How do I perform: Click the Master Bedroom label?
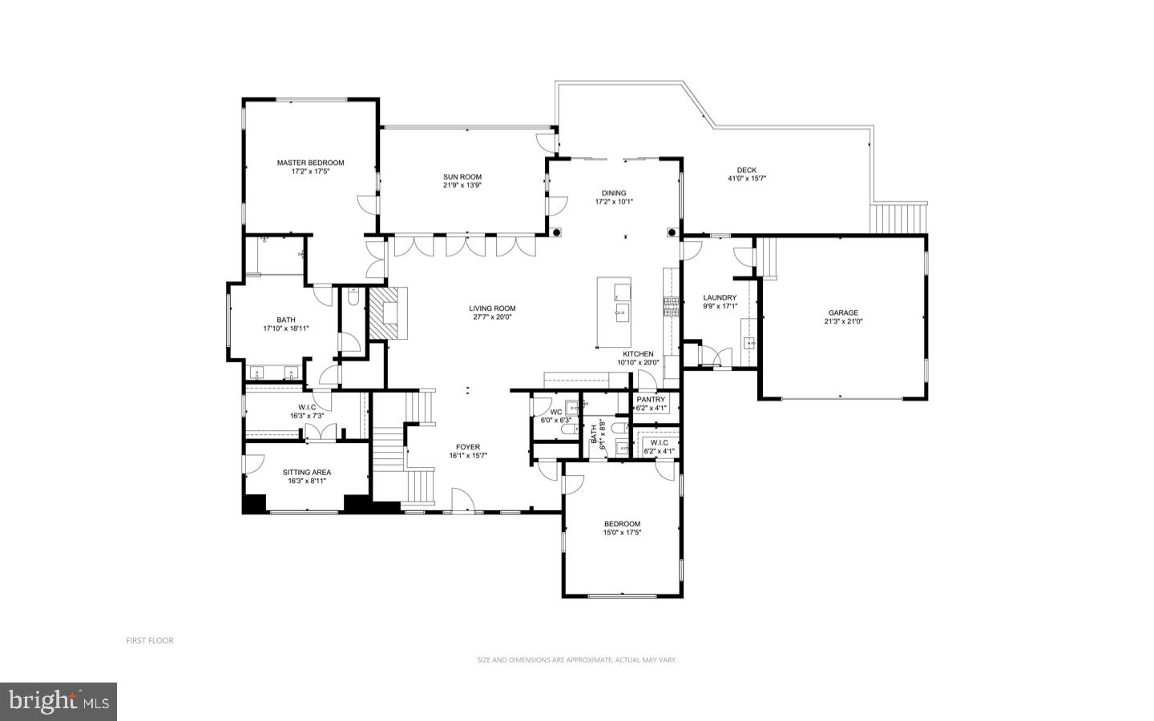(310, 163)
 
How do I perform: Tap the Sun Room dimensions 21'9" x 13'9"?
(462, 185)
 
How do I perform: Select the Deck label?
(746, 170)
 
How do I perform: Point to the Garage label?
(843, 313)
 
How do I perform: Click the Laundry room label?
(719, 297)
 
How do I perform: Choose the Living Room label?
(492, 308)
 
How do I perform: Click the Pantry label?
(651, 400)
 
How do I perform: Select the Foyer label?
(468, 447)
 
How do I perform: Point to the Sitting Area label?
(306, 473)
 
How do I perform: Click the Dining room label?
(614, 193)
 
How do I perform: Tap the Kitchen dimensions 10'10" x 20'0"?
(638, 362)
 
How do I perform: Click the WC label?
(555, 412)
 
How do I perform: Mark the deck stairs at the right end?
(898, 217)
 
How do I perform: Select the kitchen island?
(614, 300)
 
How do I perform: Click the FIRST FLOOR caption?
(149, 640)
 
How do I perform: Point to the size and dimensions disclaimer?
(577, 660)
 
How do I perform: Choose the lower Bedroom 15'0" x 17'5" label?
(622, 524)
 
